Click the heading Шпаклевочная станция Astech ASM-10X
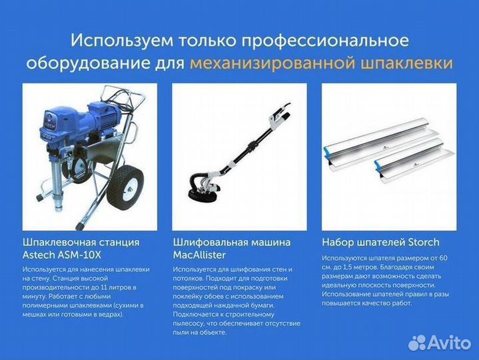tap(81, 248)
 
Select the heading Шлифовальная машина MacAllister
tap(232, 248)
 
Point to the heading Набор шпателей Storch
tap(380, 242)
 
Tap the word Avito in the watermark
tap(449, 342)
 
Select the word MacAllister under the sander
tap(201, 255)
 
